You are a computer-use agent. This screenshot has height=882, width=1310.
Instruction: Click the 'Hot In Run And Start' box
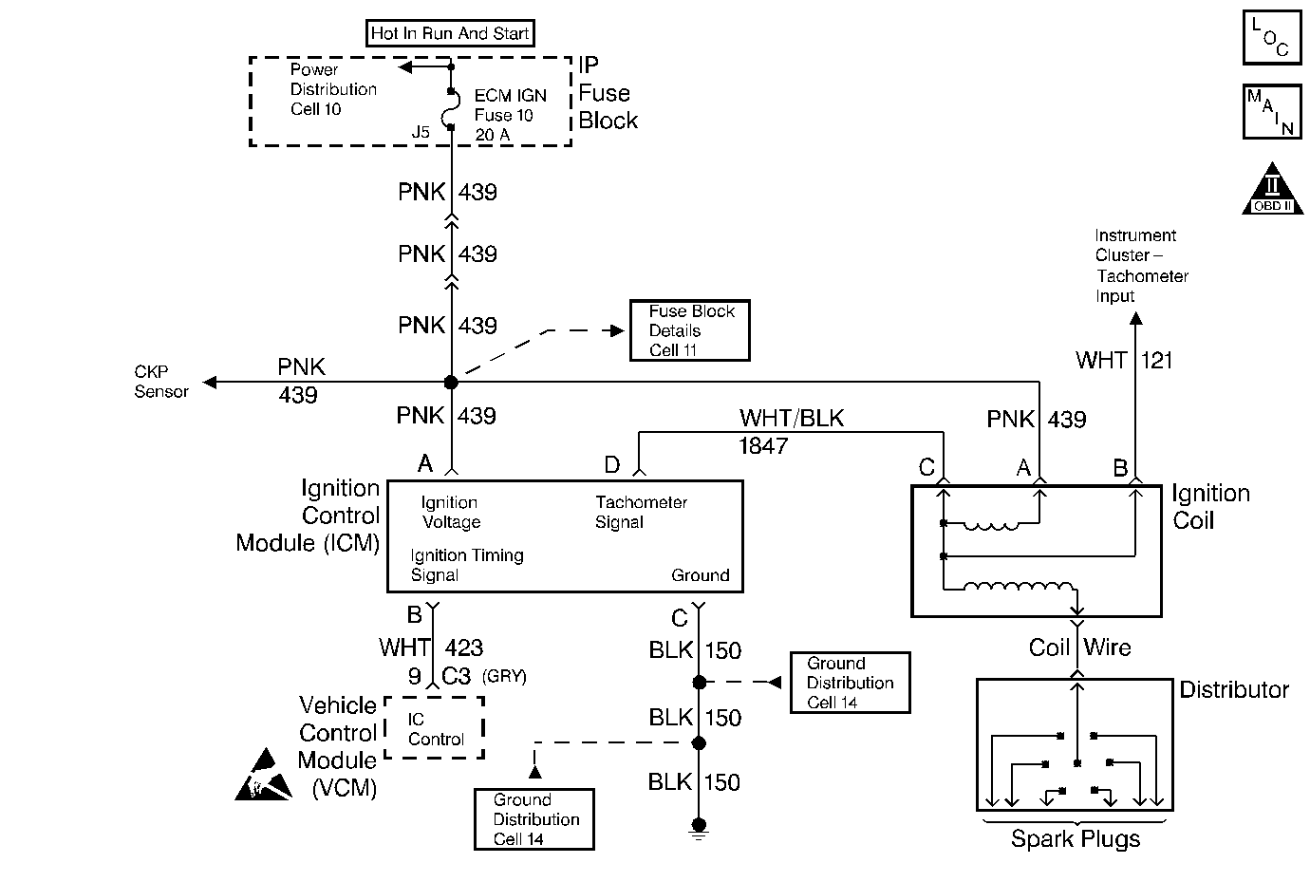tap(450, 33)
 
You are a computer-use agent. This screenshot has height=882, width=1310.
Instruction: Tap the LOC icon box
tap(1271, 37)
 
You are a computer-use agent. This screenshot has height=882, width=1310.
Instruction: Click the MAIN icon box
tap(1271, 111)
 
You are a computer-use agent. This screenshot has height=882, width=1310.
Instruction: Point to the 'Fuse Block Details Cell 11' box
tap(689, 330)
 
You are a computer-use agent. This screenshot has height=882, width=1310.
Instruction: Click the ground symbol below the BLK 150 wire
tap(699, 829)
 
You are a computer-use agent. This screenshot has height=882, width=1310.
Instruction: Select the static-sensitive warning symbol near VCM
tap(263, 775)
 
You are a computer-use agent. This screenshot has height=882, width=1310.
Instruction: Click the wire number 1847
tap(763, 445)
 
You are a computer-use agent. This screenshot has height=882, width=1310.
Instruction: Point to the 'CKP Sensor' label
tap(161, 382)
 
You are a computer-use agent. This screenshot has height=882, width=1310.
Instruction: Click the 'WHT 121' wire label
tap(1124, 361)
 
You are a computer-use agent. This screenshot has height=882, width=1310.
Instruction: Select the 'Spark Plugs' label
tap(1075, 839)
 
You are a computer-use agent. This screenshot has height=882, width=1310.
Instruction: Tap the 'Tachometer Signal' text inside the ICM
tap(641, 512)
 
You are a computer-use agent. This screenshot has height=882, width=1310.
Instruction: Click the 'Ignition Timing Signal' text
tap(466, 565)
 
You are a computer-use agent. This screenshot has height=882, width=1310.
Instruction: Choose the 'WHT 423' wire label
tap(431, 647)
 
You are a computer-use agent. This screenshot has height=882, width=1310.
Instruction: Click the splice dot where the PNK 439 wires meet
tap(451, 382)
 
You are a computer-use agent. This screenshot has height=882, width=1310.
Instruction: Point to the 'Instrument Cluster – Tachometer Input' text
tap(1140, 265)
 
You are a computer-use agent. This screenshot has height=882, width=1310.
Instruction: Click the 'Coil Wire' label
tap(1079, 647)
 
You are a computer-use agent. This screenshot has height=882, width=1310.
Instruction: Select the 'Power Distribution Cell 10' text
tap(332, 89)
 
